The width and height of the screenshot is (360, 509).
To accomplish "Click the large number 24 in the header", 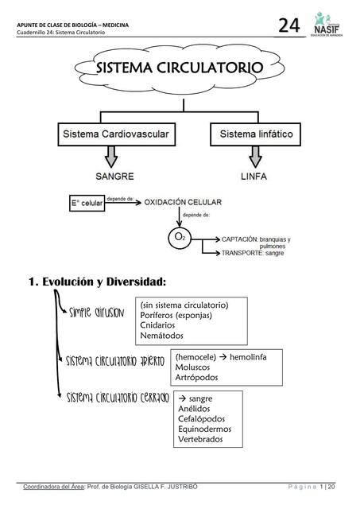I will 288,25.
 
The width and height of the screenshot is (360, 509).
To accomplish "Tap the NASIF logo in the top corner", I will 326,24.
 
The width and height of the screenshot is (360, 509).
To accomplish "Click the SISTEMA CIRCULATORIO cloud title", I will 179,69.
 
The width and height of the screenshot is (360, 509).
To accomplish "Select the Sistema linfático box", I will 256,134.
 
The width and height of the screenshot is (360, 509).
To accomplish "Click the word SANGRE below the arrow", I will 114,175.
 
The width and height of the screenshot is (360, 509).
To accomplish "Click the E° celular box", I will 88,204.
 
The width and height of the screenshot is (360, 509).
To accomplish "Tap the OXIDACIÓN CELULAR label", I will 183,203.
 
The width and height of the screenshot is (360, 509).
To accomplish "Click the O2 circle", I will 180,237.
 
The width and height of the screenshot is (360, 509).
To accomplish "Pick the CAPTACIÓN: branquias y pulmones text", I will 256,243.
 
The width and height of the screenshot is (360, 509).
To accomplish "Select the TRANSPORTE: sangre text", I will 246,253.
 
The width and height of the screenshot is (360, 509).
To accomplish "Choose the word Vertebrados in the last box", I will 200,439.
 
